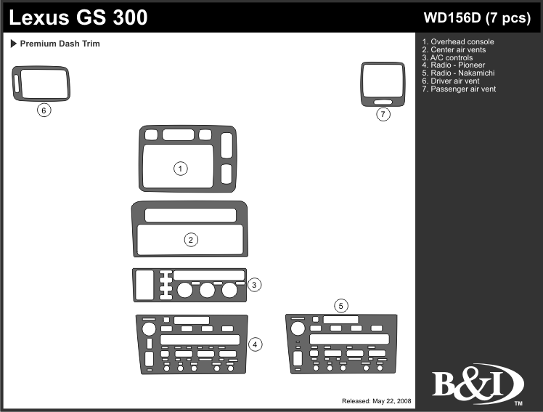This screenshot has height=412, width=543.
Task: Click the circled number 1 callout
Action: coord(181,169)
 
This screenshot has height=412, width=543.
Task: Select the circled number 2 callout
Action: coord(191,240)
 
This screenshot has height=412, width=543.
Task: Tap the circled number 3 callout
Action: coord(254,285)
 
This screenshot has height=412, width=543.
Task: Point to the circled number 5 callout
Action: coord(341,305)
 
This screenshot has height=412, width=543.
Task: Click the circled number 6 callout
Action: coord(44,110)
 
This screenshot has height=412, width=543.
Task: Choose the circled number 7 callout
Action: coord(383,114)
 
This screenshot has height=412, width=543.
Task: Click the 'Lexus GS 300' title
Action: coord(79,17)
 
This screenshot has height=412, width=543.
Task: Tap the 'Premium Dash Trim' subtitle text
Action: coord(60,44)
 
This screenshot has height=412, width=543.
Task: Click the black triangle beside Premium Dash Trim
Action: coord(14,44)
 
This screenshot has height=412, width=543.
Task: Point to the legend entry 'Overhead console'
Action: coord(462,41)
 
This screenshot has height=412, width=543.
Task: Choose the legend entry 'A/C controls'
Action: coord(452,57)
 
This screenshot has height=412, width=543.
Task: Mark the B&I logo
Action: coord(478,384)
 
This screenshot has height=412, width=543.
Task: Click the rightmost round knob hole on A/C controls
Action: coord(230,291)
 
